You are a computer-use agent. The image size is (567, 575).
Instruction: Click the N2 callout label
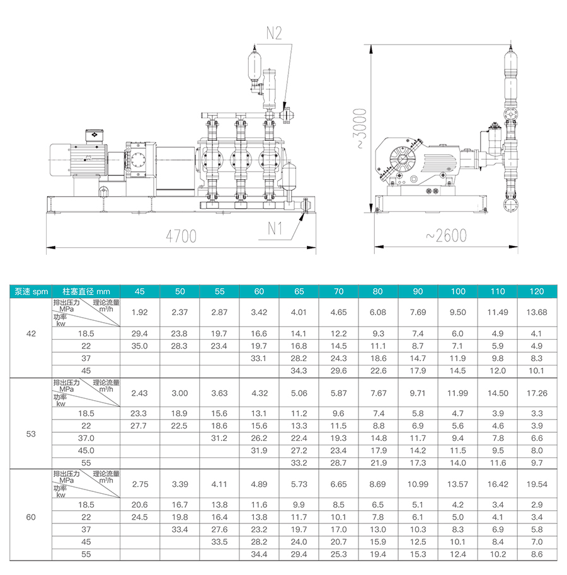(x=274, y=33)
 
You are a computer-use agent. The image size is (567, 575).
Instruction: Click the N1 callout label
(x=275, y=228)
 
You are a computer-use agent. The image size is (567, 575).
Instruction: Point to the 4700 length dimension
(x=181, y=236)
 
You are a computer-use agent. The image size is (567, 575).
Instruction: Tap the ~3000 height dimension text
(x=360, y=128)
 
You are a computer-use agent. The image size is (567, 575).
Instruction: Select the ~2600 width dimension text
(x=446, y=235)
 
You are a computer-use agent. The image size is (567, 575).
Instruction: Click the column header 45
(x=140, y=291)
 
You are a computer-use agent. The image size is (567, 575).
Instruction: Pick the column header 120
(x=537, y=291)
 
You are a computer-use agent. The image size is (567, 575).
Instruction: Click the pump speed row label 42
(x=31, y=333)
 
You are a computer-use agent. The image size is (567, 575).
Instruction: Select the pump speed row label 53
(x=31, y=434)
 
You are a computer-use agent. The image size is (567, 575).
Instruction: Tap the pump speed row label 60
(x=31, y=517)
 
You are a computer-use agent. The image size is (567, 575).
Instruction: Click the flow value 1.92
(x=140, y=313)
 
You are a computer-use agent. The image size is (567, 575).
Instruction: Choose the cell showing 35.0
(x=140, y=346)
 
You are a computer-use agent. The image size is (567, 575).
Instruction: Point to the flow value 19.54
(x=537, y=484)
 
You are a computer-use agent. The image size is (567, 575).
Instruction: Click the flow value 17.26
(x=537, y=393)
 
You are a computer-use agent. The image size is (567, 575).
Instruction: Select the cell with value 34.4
(x=259, y=554)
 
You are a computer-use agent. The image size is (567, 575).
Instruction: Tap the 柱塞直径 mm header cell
(x=86, y=291)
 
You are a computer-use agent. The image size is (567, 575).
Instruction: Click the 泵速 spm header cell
(x=31, y=291)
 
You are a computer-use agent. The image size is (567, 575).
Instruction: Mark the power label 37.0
(x=86, y=438)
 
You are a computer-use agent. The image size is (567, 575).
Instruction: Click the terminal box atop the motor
(x=94, y=136)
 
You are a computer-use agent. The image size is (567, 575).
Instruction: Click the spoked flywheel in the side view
(x=402, y=159)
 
